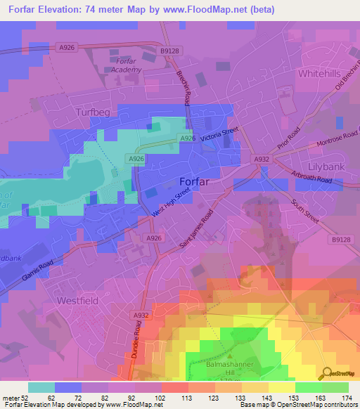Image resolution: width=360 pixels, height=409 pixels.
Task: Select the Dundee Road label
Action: (136, 343)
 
